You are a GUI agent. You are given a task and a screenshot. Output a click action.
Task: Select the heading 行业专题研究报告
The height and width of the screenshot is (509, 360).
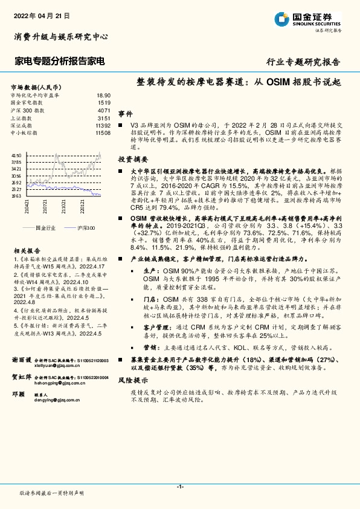[303, 62]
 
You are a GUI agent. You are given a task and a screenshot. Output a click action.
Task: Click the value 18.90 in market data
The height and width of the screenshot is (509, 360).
[103, 96]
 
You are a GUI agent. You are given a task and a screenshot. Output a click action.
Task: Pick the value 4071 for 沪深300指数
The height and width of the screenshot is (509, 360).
[104, 111]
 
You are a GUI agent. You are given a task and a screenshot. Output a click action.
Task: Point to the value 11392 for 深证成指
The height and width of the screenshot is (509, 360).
[103, 125]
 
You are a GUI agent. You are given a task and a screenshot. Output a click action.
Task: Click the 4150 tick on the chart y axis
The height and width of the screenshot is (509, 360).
[16, 156]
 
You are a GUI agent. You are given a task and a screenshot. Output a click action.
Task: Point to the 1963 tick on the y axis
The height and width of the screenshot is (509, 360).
[16, 196]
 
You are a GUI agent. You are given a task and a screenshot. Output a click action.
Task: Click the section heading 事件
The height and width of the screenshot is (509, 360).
[125, 114]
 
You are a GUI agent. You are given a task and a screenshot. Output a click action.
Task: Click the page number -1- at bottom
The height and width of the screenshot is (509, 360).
[180, 486]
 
